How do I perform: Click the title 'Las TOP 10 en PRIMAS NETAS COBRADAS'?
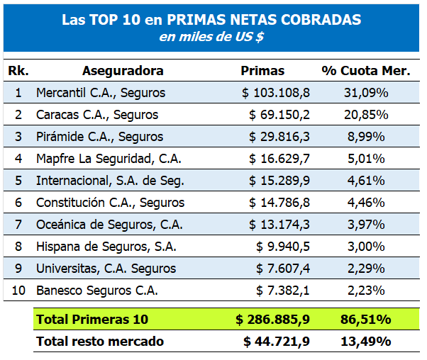click(x=211, y=20)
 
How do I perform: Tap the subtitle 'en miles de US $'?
click(x=211, y=38)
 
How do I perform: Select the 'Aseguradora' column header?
click(x=123, y=71)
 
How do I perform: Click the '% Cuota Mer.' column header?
click(x=365, y=71)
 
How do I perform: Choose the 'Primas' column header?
click(x=262, y=71)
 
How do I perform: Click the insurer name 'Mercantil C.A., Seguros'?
click(x=101, y=93)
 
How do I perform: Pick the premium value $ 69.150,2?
click(x=279, y=115)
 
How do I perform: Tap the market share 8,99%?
click(x=365, y=137)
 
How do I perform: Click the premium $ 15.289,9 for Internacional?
click(x=279, y=181)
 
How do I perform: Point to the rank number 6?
click(x=18, y=203)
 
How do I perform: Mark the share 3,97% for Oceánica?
click(x=365, y=225)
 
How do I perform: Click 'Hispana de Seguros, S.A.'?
click(x=106, y=247)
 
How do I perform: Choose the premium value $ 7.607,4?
click(x=283, y=269)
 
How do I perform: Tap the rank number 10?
click(x=18, y=291)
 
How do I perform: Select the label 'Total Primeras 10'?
click(x=92, y=320)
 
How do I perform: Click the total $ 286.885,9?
click(x=273, y=320)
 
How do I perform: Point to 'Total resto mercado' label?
click(x=100, y=342)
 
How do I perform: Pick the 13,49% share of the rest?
click(x=365, y=342)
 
